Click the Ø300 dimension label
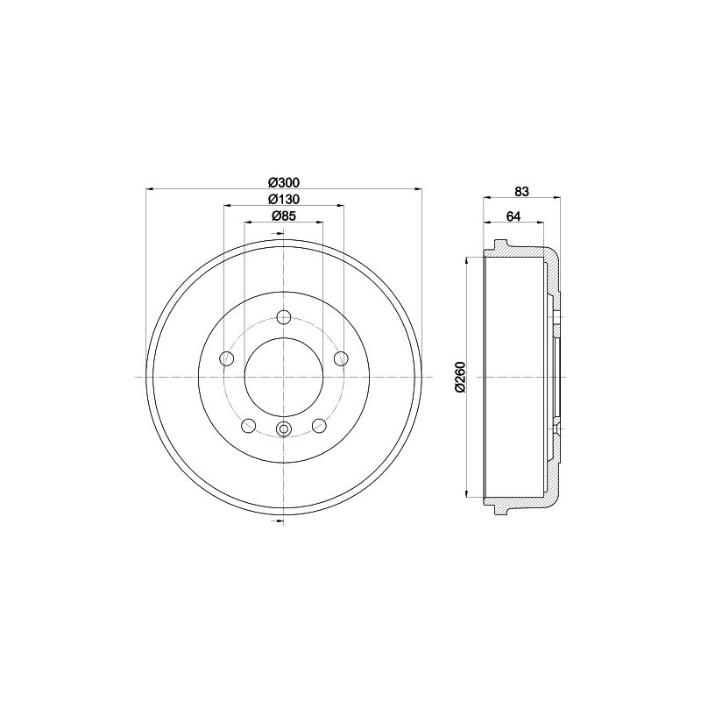284,182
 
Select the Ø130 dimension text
284,199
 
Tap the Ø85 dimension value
284,216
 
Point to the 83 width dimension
521,191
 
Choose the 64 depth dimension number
513,216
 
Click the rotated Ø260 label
461,377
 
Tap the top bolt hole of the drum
284,318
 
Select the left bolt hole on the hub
227,358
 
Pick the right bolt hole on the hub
341,358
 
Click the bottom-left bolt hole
248,425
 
